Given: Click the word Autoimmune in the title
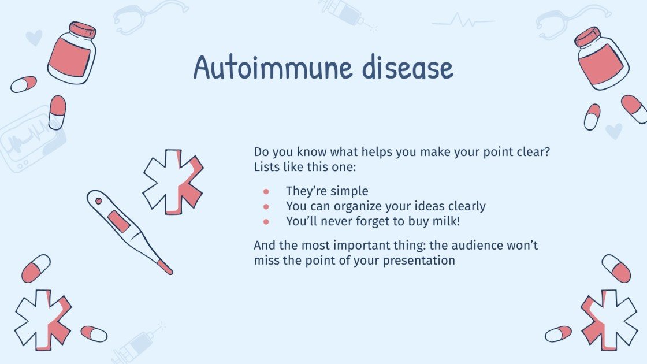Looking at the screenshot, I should click(x=273, y=68).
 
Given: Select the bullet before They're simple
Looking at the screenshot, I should click(x=266, y=191).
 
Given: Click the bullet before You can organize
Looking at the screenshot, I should click(x=266, y=206).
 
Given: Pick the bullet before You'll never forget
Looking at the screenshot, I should click(x=266, y=221).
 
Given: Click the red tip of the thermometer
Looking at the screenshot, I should click(x=165, y=268).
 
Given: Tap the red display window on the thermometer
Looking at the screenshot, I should click(x=118, y=221).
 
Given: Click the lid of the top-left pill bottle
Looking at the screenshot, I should click(x=82, y=29).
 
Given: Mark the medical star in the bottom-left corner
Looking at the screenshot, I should click(x=43, y=320).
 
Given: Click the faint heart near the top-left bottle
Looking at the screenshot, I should click(x=34, y=38).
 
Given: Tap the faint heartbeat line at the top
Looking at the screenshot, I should click(x=463, y=22).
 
